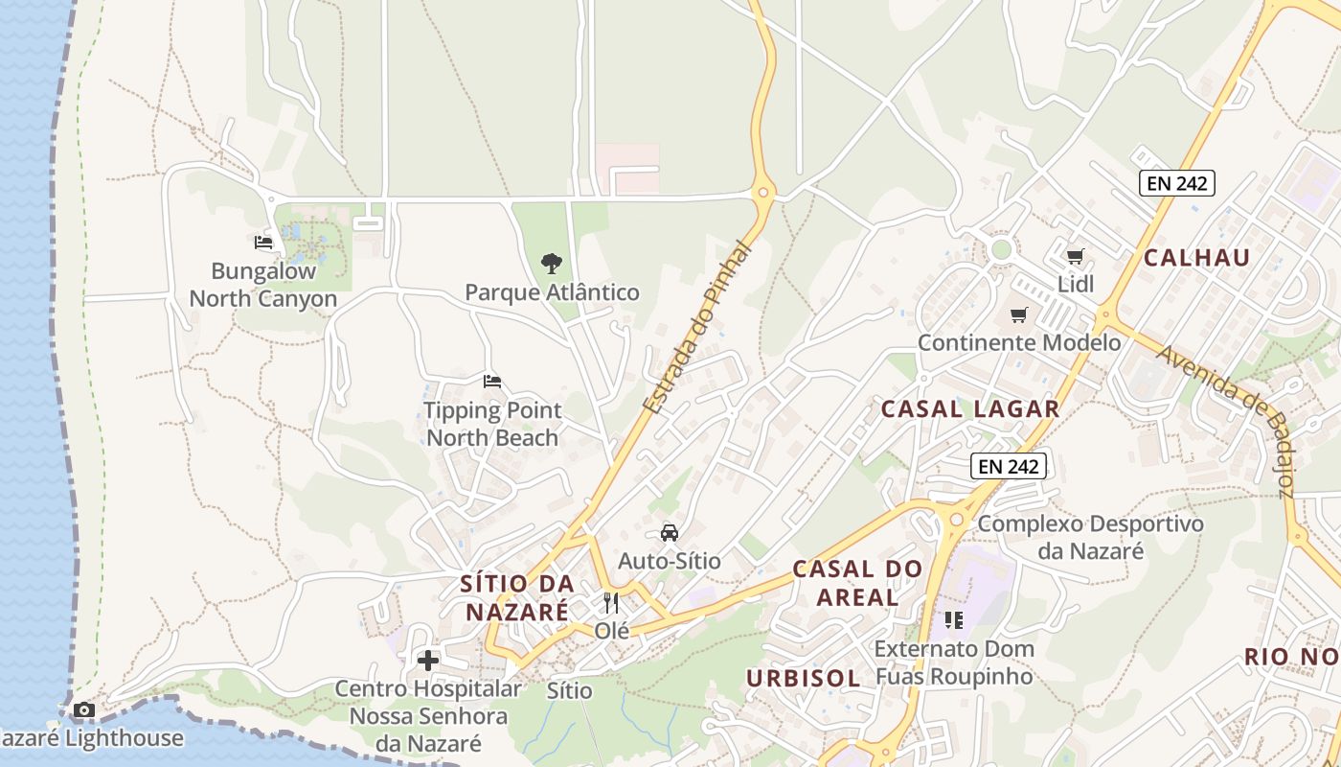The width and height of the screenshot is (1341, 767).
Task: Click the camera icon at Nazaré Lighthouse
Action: coord(84,710)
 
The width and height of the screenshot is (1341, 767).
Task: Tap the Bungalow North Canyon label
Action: coord(263,285)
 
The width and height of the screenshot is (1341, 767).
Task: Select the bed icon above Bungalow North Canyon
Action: coord(263,243)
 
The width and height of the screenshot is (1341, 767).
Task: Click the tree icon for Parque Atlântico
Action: coord(551,263)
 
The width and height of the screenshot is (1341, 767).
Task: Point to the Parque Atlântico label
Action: coord(552,292)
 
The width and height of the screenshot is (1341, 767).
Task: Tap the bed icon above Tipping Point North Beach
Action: coord(492,382)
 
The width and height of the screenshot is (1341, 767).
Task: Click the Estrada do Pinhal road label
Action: coord(697,328)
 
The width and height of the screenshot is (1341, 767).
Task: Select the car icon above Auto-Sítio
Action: coord(670,532)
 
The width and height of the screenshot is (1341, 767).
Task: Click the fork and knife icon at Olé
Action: coord(611,603)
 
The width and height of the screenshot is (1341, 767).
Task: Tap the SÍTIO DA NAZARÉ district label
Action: coord(517,597)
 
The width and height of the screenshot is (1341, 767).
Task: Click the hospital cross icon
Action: coord(428,660)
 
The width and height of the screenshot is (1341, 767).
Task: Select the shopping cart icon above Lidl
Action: coord(1075,256)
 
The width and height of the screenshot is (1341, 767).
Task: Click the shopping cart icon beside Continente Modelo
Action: coord(1019,314)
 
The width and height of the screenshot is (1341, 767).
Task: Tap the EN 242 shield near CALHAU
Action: coord(1176,183)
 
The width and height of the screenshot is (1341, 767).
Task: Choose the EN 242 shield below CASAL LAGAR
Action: coord(1009,467)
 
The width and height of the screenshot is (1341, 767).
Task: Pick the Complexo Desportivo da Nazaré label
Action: coord(1090,537)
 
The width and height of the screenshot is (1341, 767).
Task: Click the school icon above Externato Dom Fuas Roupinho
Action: coord(953,620)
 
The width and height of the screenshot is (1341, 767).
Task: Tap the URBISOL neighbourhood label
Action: coord(803,678)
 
